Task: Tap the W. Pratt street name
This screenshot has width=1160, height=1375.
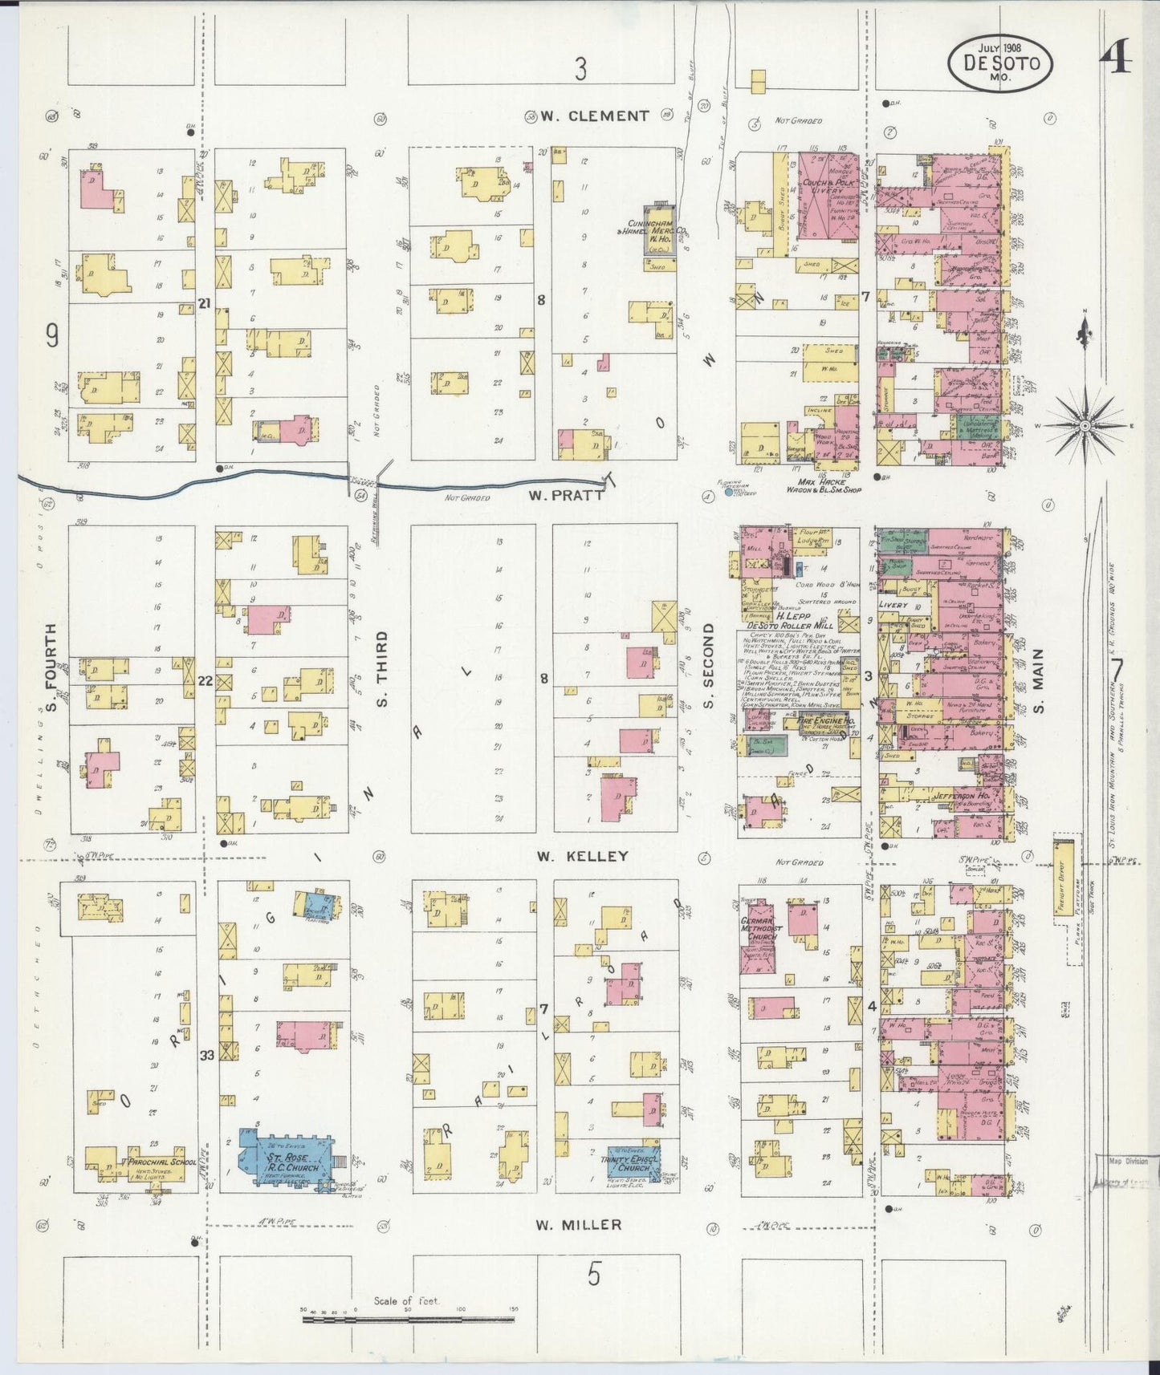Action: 565,495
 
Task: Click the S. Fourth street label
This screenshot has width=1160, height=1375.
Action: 51,667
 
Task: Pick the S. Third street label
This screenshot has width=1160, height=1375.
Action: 382,668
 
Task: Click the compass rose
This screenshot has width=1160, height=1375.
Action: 1084,424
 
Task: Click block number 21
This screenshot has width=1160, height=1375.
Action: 206,302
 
